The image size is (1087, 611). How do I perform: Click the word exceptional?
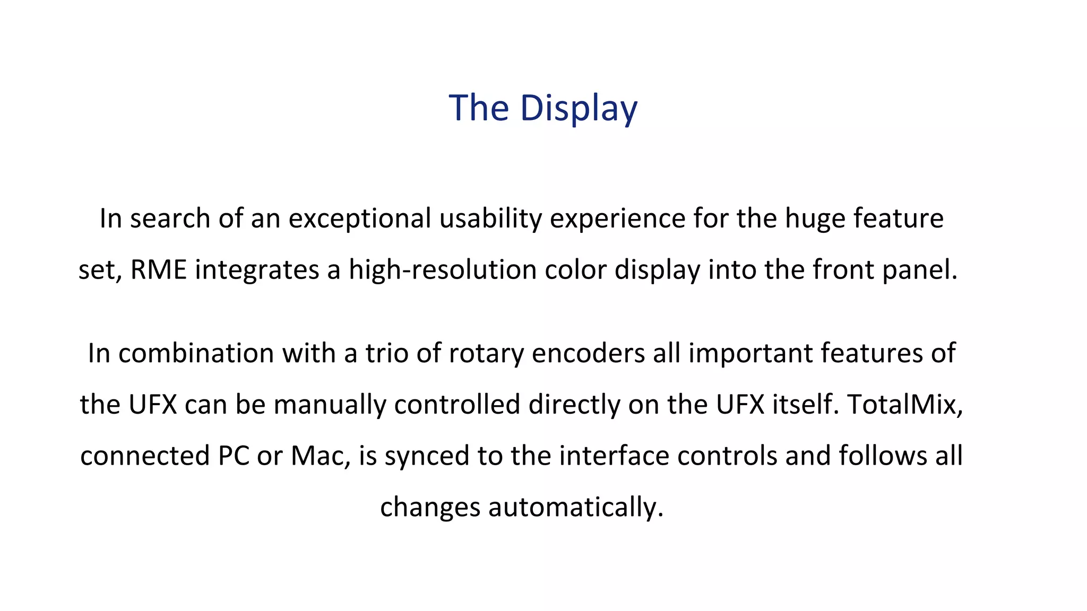point(359,219)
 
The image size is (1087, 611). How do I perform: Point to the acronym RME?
point(158,269)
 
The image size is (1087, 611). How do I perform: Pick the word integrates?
point(257,269)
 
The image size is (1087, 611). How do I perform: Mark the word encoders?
point(588,353)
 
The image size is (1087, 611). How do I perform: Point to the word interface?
point(610,456)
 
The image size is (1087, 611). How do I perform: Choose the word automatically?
point(576,507)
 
